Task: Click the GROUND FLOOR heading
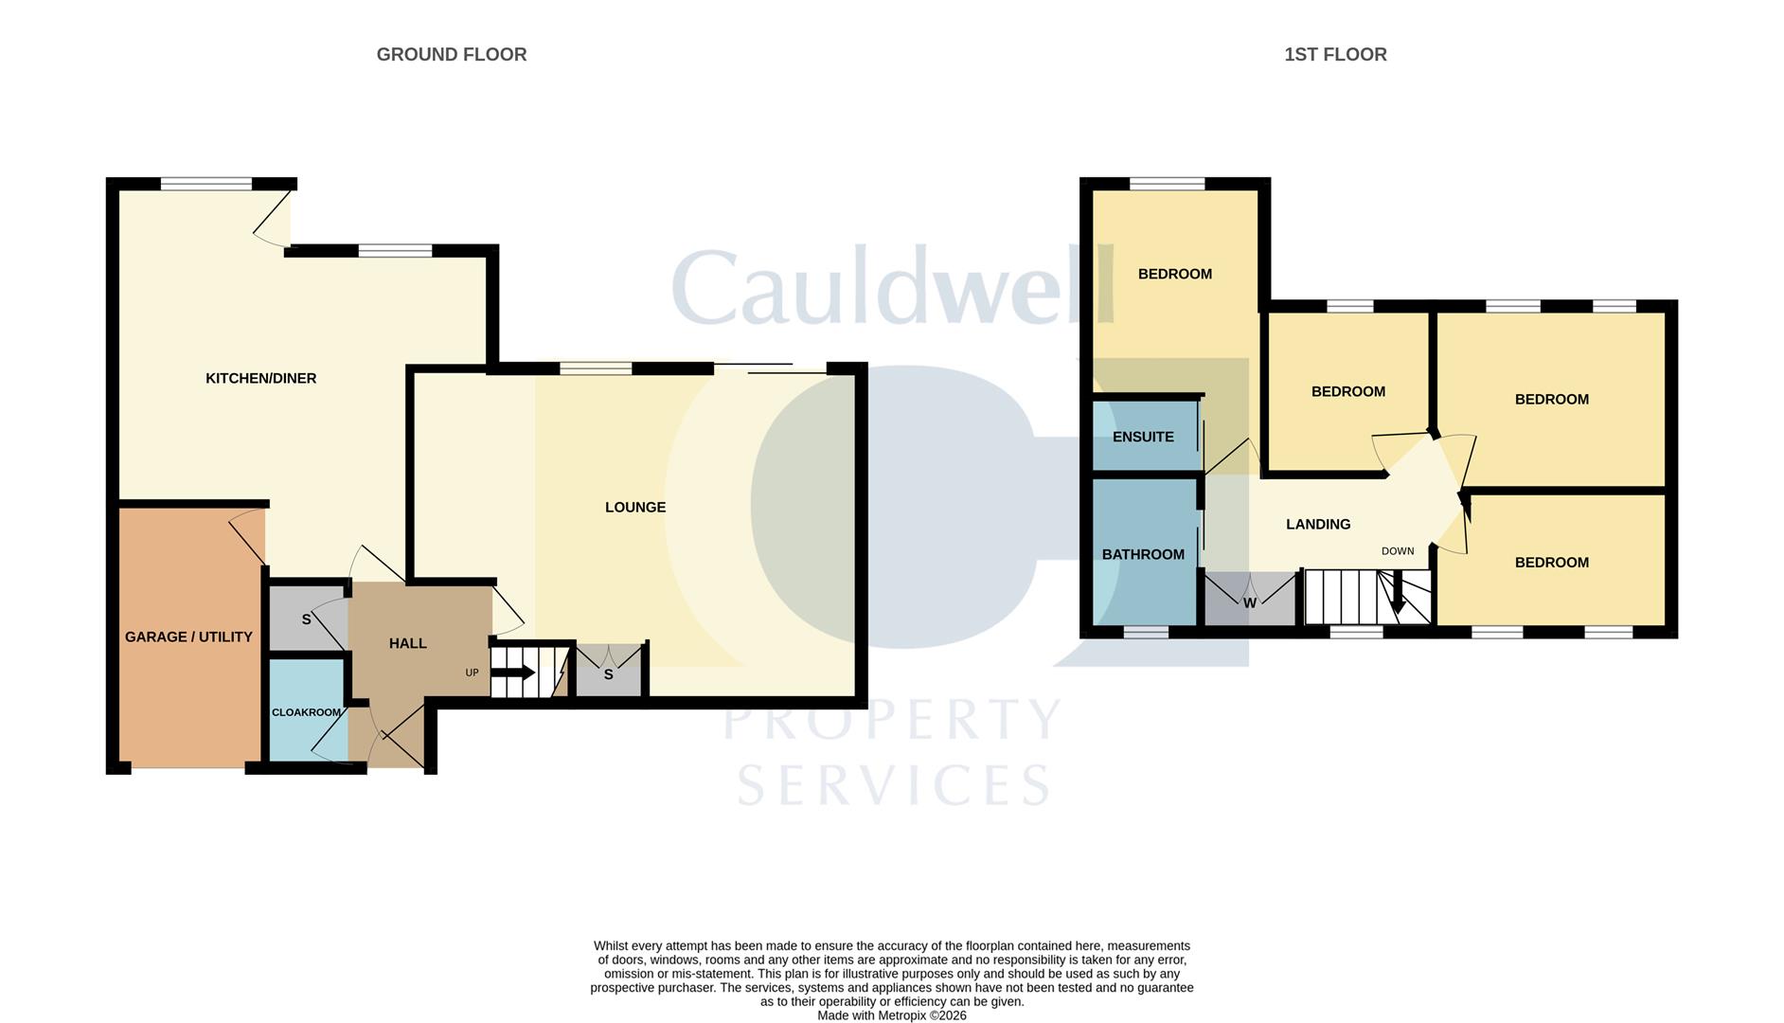click(452, 55)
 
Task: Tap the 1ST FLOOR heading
click(1335, 55)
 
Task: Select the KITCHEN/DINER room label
click(261, 379)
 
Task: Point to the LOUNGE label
click(635, 508)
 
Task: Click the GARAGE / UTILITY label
click(188, 637)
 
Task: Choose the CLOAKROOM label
click(306, 712)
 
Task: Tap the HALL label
click(408, 644)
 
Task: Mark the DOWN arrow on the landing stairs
click(1398, 592)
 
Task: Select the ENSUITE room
click(1145, 437)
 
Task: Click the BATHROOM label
click(1143, 555)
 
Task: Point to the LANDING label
click(1318, 525)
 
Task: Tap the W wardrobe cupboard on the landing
click(1250, 599)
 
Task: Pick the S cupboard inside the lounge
click(609, 672)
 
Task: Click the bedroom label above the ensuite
click(1175, 275)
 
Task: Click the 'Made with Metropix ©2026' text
click(892, 1015)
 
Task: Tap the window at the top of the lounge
click(596, 368)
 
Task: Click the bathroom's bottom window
click(1146, 632)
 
